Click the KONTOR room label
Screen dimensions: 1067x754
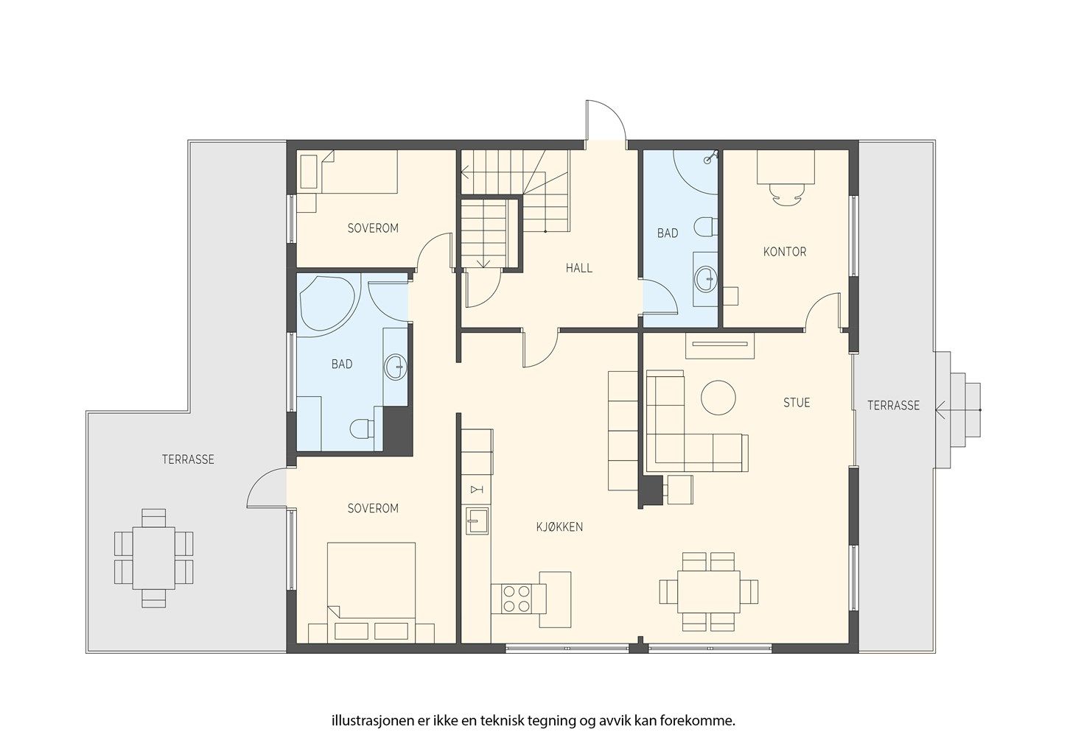[x=785, y=252]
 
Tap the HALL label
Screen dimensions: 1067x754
[x=578, y=268]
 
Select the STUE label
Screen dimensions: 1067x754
[x=797, y=403]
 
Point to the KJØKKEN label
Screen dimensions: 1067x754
[x=560, y=527]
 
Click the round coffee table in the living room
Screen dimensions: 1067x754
[x=718, y=398]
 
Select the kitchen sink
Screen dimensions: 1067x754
[x=477, y=521]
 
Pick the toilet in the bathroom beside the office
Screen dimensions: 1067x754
[x=706, y=227]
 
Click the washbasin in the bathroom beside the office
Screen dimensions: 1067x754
[x=706, y=278]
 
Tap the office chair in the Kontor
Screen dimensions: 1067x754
[x=786, y=194]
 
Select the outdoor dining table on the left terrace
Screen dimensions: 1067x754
[x=154, y=558]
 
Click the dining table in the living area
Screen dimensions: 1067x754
[x=709, y=592]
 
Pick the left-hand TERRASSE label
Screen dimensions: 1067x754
[x=188, y=459]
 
